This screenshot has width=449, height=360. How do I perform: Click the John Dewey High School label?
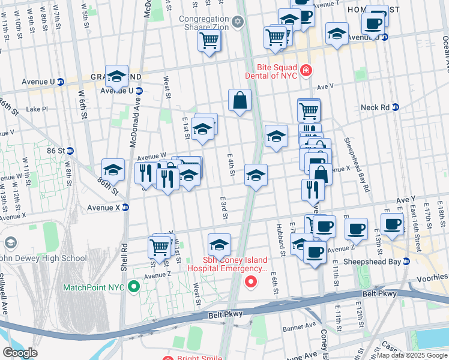44,259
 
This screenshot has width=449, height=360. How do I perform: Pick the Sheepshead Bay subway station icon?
406,261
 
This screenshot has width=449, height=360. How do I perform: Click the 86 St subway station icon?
70,151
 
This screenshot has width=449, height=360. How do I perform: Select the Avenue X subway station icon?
125,208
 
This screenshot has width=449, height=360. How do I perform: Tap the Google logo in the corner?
20,352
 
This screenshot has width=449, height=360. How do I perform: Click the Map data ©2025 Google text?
412,355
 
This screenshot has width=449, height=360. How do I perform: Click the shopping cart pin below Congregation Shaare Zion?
209,41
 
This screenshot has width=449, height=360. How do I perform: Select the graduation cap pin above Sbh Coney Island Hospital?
219,245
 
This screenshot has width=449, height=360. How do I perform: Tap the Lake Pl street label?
36,109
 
